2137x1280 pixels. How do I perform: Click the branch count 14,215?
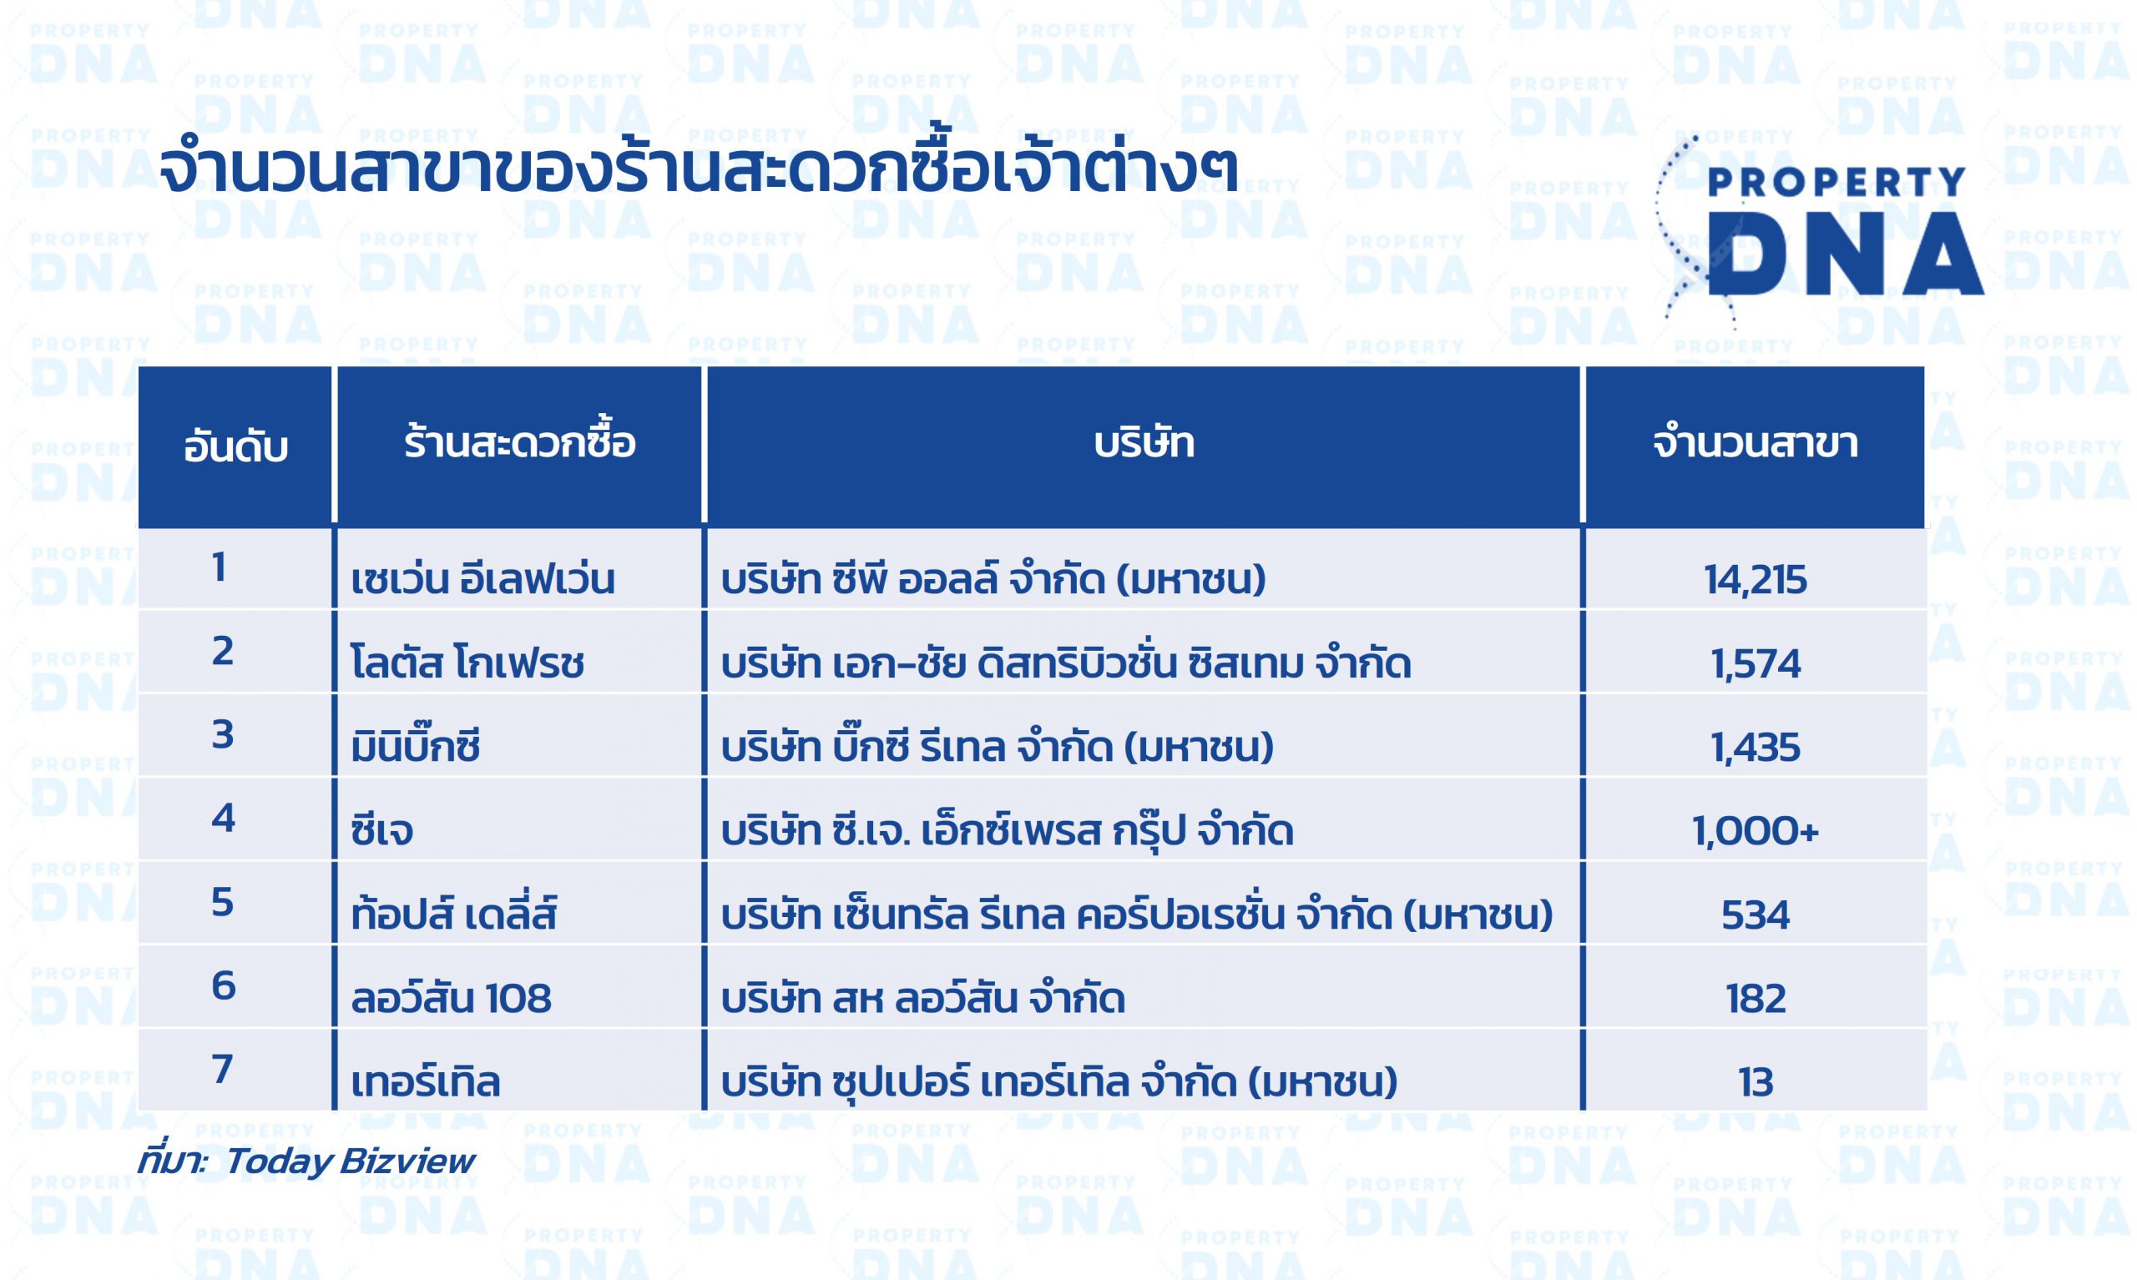coord(1755,580)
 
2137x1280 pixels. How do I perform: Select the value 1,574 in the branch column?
coord(1756,664)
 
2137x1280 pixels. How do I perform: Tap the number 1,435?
coord(1756,748)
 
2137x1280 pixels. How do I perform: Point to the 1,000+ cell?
coord(1756,831)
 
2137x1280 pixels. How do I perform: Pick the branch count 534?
coord(1756,915)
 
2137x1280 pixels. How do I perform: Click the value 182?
coord(1756,999)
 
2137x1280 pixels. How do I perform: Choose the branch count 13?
coord(1756,1082)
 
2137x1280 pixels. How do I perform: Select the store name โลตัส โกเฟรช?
coord(467,662)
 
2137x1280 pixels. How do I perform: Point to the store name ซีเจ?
coord(382,829)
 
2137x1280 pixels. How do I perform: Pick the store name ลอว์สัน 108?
coord(452,998)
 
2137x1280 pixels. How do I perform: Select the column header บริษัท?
coord(1144,442)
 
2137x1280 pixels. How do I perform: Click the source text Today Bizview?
coord(350,1161)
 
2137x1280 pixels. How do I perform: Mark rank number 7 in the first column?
coord(223,1070)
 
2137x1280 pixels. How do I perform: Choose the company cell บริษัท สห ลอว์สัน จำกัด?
coord(923,998)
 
